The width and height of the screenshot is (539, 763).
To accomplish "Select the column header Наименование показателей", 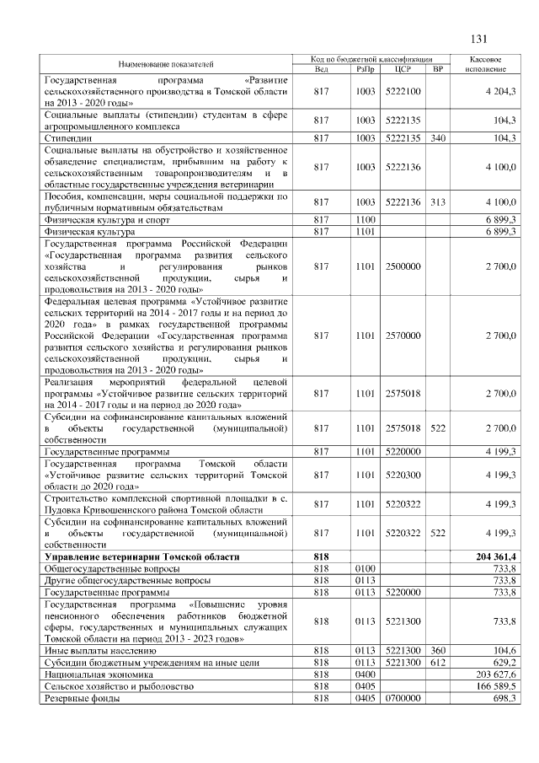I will click(x=165, y=64).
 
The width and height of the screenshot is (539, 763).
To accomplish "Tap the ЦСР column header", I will click(x=402, y=69).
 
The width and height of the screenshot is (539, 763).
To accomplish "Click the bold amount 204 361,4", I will click(x=497, y=557).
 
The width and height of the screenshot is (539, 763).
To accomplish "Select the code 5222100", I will click(x=402, y=91).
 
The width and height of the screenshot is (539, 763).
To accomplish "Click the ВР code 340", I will click(x=437, y=137).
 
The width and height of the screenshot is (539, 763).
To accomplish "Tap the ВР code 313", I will click(x=437, y=202).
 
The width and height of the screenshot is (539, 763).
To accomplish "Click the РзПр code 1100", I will click(x=365, y=218).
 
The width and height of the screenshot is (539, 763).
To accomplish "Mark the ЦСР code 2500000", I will click(x=402, y=266).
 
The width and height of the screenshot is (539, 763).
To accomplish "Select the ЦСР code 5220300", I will click(x=402, y=475).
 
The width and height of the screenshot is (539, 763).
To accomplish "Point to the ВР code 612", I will click(x=437, y=664).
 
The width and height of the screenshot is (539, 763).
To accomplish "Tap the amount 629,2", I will click(x=505, y=664).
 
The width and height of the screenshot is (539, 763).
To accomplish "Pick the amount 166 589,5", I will click(x=499, y=687).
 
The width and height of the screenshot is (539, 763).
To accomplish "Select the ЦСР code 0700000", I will click(x=402, y=699).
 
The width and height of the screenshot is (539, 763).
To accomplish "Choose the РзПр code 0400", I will click(x=365, y=675).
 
